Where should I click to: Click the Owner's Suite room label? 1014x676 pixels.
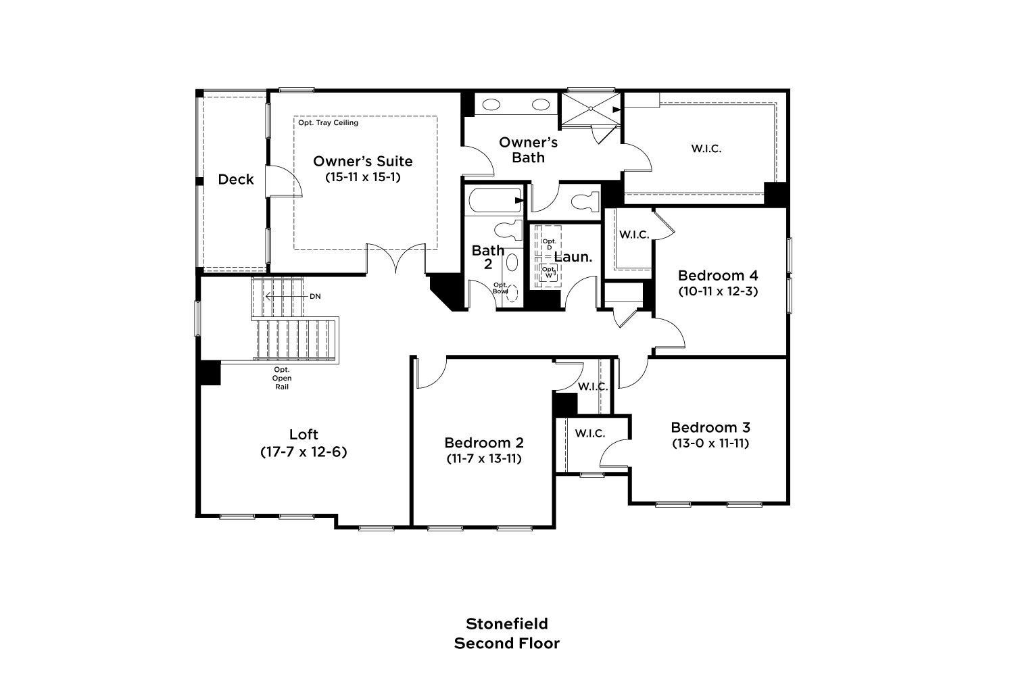pyautogui.click(x=362, y=161)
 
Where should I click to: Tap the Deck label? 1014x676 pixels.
pyautogui.click(x=236, y=179)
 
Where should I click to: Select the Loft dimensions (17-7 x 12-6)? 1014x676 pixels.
pyautogui.click(x=304, y=452)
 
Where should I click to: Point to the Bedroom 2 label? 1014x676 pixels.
pyautogui.click(x=484, y=442)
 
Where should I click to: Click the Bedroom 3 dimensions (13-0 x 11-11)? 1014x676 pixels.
pyautogui.click(x=710, y=443)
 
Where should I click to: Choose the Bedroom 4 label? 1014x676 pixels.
pyautogui.click(x=718, y=275)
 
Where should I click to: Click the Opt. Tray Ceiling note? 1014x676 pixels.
pyautogui.click(x=328, y=123)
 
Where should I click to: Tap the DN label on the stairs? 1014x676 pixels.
pyautogui.click(x=315, y=297)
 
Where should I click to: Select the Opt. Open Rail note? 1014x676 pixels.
pyautogui.click(x=282, y=378)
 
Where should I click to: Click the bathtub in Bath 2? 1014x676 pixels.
pyautogui.click(x=495, y=200)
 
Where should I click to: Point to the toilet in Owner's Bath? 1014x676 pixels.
pyautogui.click(x=585, y=201)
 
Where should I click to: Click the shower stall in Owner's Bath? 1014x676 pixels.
pyautogui.click(x=591, y=109)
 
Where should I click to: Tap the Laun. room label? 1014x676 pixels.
pyautogui.click(x=573, y=257)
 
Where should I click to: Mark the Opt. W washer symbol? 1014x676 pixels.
pyautogui.click(x=548, y=272)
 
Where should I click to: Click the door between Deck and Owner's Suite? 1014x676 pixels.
pyautogui.click(x=283, y=181)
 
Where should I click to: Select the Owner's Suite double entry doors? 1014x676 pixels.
pyautogui.click(x=395, y=258)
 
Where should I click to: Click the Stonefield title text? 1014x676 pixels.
pyautogui.click(x=507, y=624)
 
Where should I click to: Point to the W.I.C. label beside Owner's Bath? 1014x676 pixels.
pyautogui.click(x=706, y=149)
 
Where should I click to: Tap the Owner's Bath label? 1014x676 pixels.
pyautogui.click(x=528, y=150)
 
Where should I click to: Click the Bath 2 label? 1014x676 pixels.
pyautogui.click(x=488, y=257)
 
